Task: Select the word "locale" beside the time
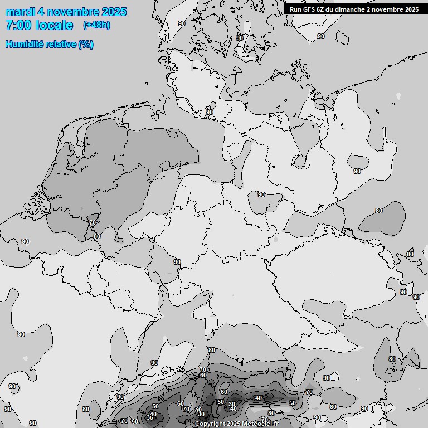point(53,25)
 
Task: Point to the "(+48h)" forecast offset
point(96,25)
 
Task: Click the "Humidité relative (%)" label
point(50,44)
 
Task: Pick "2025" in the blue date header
point(114,12)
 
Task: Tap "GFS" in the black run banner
point(309,9)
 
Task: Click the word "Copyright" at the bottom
point(211,424)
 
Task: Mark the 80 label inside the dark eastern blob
point(379,211)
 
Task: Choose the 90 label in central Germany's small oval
point(261,194)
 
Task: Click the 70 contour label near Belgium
point(92,222)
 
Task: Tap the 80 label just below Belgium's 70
point(97,236)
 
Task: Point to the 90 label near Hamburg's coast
point(210,112)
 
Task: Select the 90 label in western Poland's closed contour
point(357,171)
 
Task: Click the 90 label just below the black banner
point(320,36)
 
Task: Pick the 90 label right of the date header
point(182,23)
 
